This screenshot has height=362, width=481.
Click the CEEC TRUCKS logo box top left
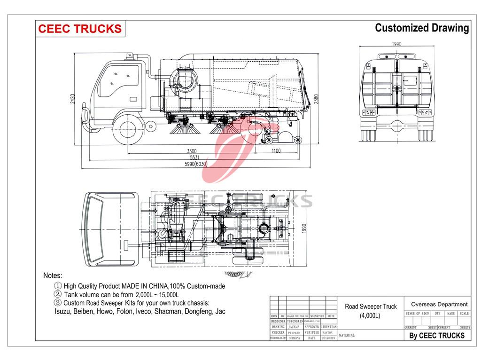(79, 29)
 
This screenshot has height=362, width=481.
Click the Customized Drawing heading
(421, 28)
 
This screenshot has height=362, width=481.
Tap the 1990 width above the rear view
(397, 44)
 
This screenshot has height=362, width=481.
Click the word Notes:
(53, 275)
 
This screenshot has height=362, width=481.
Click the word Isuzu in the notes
(62, 311)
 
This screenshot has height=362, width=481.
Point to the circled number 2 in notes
(58, 294)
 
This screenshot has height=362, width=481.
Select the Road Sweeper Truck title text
(371, 307)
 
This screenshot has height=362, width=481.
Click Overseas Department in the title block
(439, 304)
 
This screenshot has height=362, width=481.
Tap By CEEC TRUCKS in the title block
(436, 335)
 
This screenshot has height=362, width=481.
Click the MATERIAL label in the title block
(346, 335)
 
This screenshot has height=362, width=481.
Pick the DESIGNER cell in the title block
(278, 321)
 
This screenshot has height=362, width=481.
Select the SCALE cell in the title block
(464, 313)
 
